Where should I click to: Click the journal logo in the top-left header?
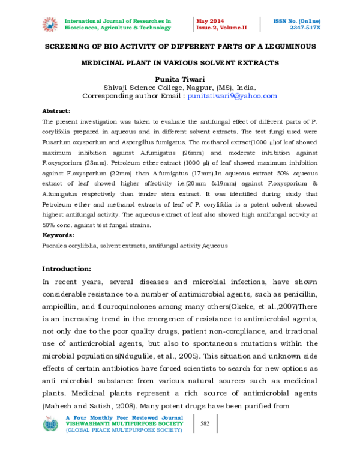(49, 24)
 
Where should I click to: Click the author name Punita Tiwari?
(179, 78)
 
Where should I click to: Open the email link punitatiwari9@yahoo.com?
(232, 95)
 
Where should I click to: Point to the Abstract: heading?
(56, 111)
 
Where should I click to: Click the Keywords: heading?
(58, 235)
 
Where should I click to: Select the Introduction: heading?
(67, 268)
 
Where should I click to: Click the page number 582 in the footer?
(205, 424)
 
